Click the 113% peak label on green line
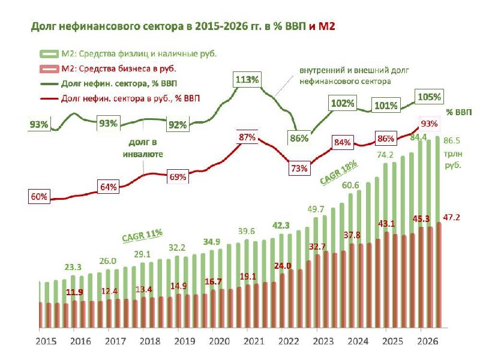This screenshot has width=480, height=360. [x=247, y=80]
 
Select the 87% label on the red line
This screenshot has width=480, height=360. [x=247, y=137]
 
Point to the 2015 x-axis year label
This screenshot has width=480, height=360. [x=46, y=341]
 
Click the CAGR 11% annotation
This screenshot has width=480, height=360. [x=142, y=235]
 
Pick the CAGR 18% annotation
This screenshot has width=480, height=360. [x=339, y=172]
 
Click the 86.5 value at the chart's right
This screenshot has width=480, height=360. [x=452, y=140]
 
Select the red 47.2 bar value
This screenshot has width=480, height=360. [x=452, y=217]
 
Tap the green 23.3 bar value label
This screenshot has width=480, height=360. [x=73, y=267]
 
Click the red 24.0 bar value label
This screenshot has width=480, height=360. [x=283, y=266]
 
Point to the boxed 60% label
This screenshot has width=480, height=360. [x=39, y=197]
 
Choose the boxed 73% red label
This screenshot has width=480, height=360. [x=299, y=169]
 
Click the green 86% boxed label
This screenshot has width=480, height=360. [x=299, y=139]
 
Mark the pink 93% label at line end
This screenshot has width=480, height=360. [x=429, y=124]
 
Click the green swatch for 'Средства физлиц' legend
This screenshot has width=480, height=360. [x=49, y=54]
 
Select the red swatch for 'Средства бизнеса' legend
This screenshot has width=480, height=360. [x=49, y=68]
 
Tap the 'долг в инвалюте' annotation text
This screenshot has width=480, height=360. [x=143, y=148]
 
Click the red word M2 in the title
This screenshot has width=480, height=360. [x=326, y=26]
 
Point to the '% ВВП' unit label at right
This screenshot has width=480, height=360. [x=459, y=112]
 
